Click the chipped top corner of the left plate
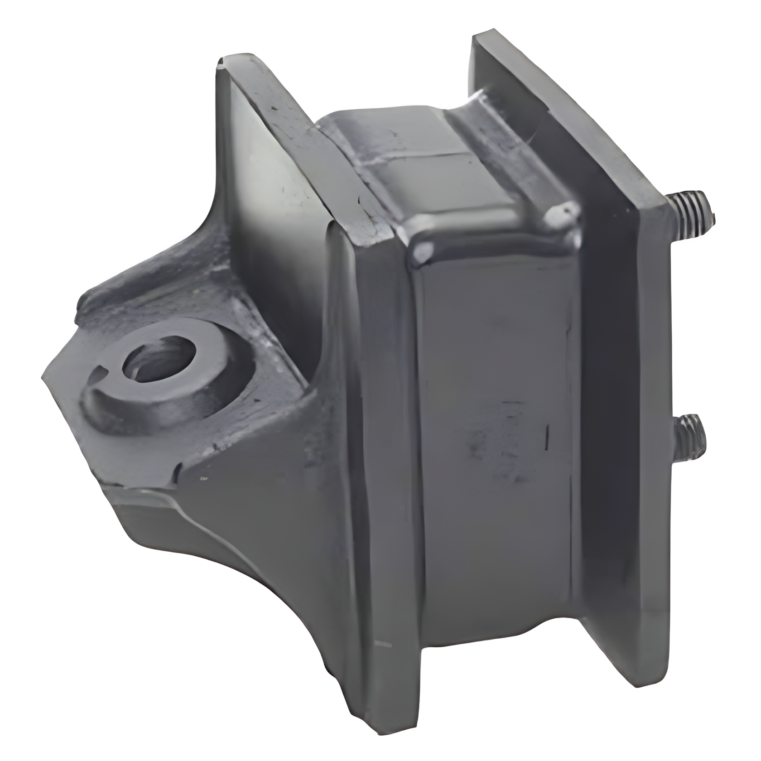click(x=222, y=63)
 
